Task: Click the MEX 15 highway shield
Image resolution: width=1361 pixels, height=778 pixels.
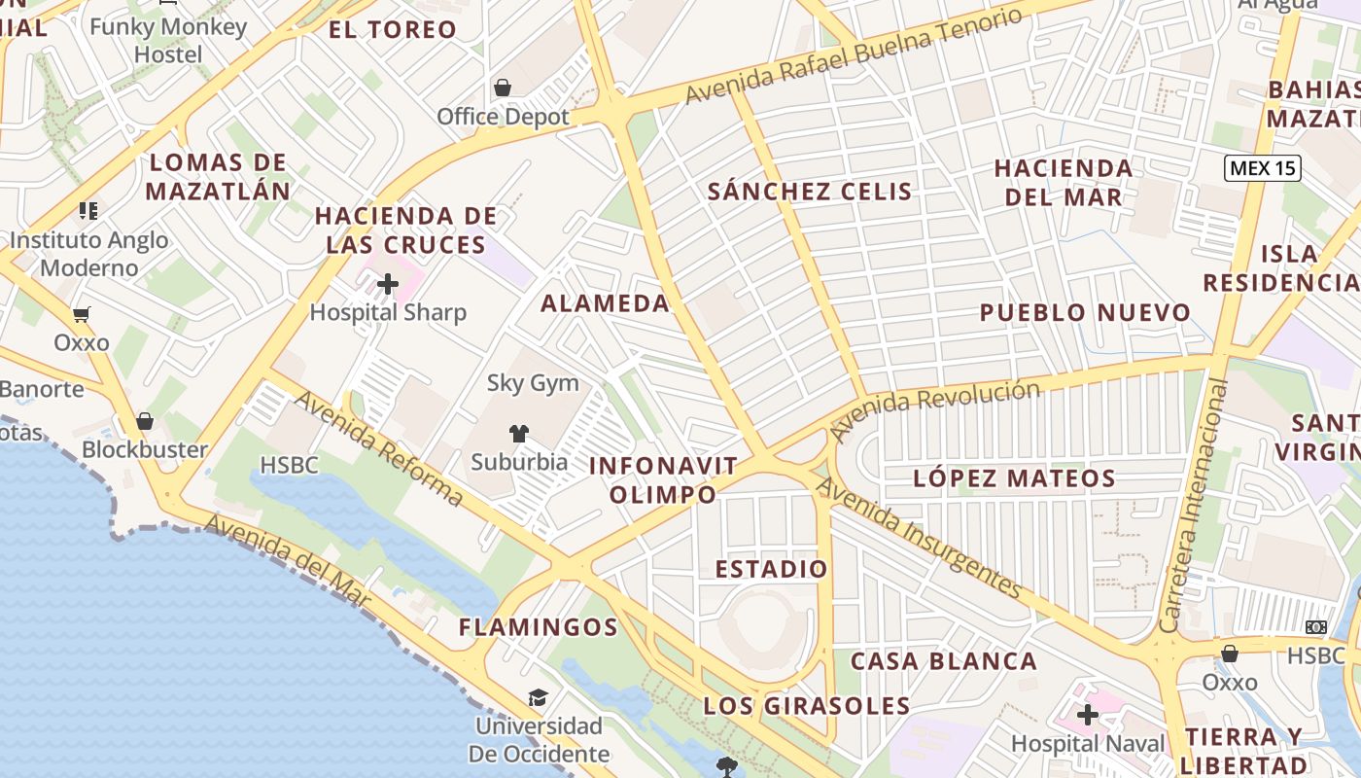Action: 1262,168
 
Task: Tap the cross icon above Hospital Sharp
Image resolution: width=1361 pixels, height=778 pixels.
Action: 388,284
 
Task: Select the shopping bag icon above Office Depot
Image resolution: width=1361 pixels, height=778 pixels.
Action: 503,88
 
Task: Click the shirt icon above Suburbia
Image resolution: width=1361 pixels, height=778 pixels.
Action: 518,433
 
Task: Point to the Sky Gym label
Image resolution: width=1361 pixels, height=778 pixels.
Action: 533,383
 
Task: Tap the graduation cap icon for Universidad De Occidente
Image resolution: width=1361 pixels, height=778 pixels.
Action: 538,697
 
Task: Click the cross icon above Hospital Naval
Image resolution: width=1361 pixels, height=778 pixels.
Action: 1088,716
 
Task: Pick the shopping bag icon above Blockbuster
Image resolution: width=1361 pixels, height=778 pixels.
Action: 145,421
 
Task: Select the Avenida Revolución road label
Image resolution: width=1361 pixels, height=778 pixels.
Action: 935,407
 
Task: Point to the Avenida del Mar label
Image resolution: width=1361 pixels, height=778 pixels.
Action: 288,561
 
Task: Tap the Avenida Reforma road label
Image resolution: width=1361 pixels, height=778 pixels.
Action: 378,448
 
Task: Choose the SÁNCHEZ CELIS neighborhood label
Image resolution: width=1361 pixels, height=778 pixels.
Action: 810,192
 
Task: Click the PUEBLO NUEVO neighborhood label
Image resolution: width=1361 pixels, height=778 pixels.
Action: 1085,313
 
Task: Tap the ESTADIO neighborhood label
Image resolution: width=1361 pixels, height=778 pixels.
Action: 772,569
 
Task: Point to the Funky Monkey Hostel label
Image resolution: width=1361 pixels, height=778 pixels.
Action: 168,40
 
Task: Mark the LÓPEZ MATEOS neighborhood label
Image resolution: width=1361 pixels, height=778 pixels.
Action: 1014,478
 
